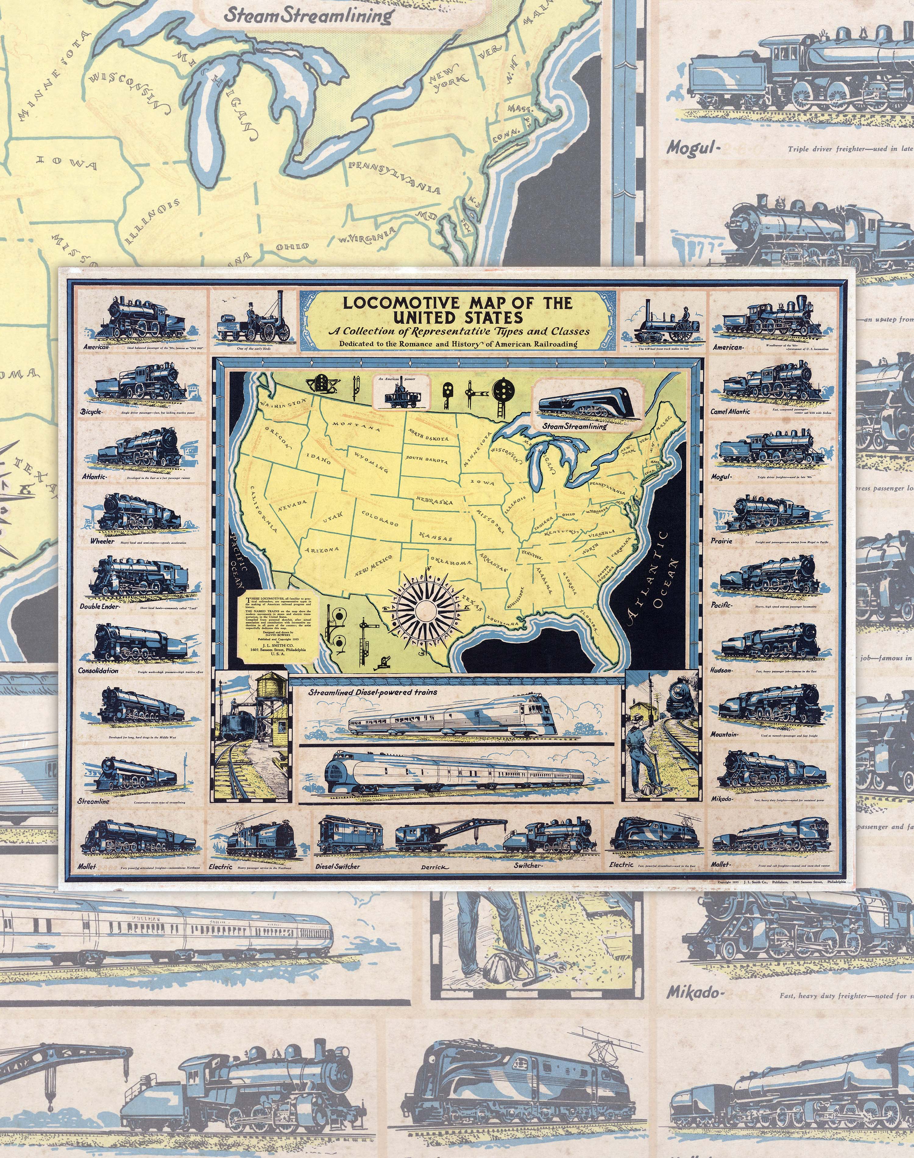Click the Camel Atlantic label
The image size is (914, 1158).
click(x=731, y=411)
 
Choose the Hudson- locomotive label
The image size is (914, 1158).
click(x=721, y=670)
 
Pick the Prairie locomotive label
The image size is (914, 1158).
click(x=721, y=541)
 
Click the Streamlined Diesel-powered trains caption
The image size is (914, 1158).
click(x=372, y=692)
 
